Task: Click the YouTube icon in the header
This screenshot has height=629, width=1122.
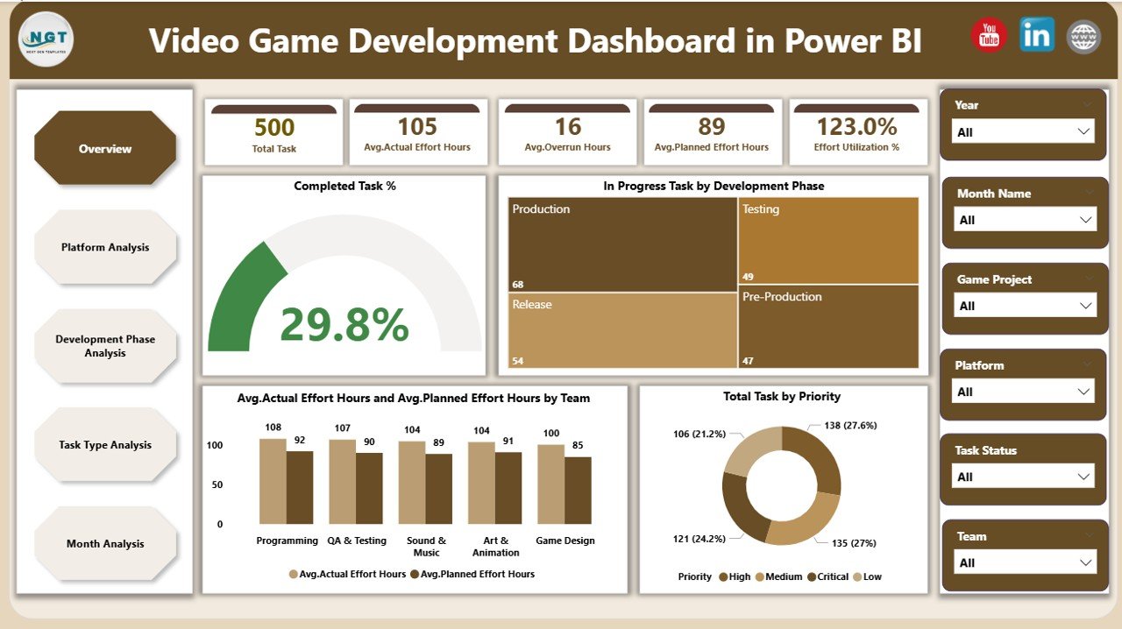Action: (989, 36)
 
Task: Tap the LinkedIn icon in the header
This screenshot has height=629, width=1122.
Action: (1037, 36)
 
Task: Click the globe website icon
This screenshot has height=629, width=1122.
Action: (1083, 37)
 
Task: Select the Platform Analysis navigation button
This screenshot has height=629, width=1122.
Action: (105, 247)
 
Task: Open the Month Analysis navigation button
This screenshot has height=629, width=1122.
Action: (105, 544)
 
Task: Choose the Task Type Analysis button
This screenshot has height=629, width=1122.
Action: (105, 445)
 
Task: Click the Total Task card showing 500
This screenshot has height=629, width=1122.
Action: (273, 133)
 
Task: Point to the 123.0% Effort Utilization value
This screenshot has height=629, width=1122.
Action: (856, 127)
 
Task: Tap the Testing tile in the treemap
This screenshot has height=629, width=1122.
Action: (827, 239)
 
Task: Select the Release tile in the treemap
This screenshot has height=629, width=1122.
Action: (622, 329)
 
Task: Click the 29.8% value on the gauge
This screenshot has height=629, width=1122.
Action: (344, 325)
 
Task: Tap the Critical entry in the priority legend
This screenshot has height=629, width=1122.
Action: (827, 576)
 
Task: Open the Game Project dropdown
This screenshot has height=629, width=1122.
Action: (1024, 306)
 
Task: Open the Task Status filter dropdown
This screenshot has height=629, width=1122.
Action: (1024, 477)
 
